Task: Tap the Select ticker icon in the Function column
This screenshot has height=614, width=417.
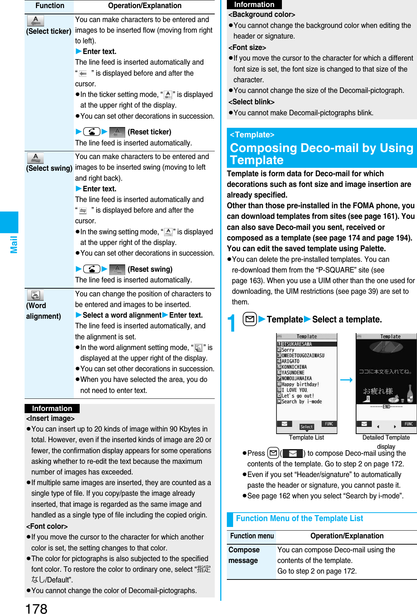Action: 35,21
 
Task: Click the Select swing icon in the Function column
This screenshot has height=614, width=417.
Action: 35,158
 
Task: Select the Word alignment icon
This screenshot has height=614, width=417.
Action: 35,295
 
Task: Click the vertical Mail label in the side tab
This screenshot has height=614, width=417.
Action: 14,244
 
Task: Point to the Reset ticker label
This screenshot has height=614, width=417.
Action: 149,132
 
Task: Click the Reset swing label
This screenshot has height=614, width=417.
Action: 150,269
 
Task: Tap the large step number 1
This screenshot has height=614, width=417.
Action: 231,323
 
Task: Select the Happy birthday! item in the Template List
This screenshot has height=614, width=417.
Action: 300,384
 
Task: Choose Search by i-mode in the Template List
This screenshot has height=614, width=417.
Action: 301,401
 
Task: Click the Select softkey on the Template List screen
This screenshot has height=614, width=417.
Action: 307,427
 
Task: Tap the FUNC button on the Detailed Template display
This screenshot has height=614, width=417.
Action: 409,424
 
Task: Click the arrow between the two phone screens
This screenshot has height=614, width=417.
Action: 346,380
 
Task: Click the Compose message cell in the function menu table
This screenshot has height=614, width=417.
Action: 244,555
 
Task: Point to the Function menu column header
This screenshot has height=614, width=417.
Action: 252,536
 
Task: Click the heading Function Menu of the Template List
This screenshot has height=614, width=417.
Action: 299,518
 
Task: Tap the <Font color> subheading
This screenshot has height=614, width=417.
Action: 47,526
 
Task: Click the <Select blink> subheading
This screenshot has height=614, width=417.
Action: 251,102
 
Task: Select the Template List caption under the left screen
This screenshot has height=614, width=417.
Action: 306,437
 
